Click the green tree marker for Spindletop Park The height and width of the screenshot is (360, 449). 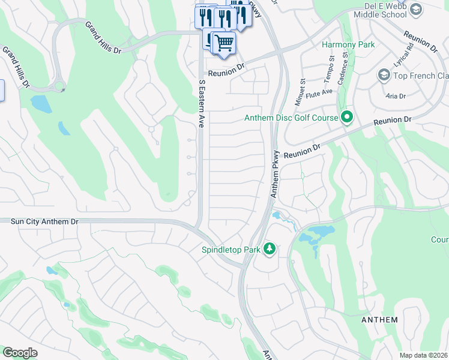click(270, 249)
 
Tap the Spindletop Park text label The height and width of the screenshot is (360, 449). click(230, 249)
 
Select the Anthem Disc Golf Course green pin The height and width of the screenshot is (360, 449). click(346, 118)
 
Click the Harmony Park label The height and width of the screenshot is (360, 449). click(348, 44)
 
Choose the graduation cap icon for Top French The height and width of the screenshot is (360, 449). click(384, 76)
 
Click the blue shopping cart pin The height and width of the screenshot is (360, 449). click(224, 43)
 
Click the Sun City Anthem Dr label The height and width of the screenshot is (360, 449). click(44, 221)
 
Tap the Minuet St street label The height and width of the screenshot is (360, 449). click(303, 77)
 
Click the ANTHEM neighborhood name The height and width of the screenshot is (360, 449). click(379, 320)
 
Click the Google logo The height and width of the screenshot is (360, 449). click(20, 352)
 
